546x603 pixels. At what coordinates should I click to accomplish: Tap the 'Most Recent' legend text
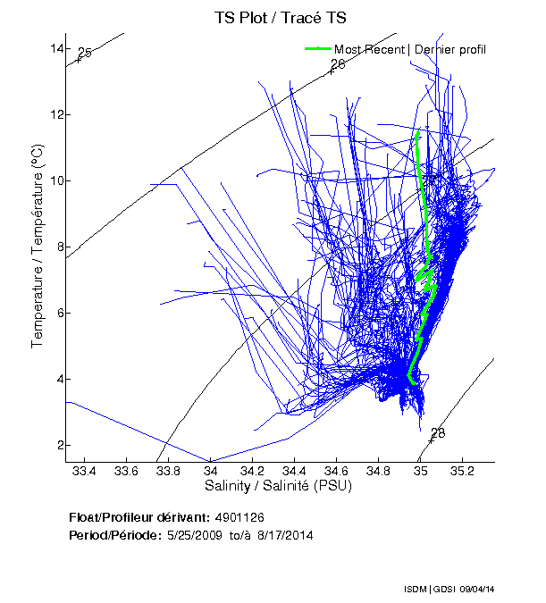coord(369,49)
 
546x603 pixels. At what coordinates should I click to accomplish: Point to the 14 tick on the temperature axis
coord(55,48)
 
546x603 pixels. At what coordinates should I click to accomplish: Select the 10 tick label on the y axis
coord(55,180)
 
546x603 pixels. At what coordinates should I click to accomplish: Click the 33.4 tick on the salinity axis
coord(84,471)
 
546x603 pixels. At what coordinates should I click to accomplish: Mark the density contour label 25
coord(85,54)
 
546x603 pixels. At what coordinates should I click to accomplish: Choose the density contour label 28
coord(437,433)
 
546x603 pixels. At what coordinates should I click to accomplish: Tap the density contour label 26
coord(337,64)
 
